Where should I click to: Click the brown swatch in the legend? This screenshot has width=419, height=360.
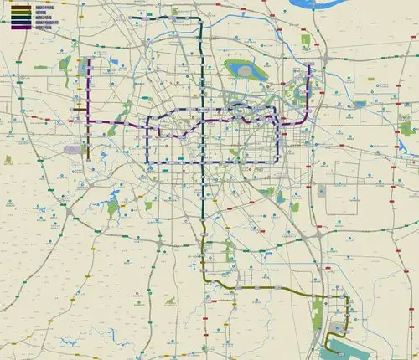(x=16, y=7)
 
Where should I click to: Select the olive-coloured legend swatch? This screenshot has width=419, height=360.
(x=16, y=12)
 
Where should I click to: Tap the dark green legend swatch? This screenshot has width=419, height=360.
(x=16, y=17)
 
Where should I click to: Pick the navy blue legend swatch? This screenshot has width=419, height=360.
(x=16, y=22)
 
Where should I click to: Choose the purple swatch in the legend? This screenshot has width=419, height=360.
(x=16, y=27)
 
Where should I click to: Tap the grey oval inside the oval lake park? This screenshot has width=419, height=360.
(x=245, y=69)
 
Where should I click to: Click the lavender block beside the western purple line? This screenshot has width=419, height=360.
(x=73, y=149)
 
